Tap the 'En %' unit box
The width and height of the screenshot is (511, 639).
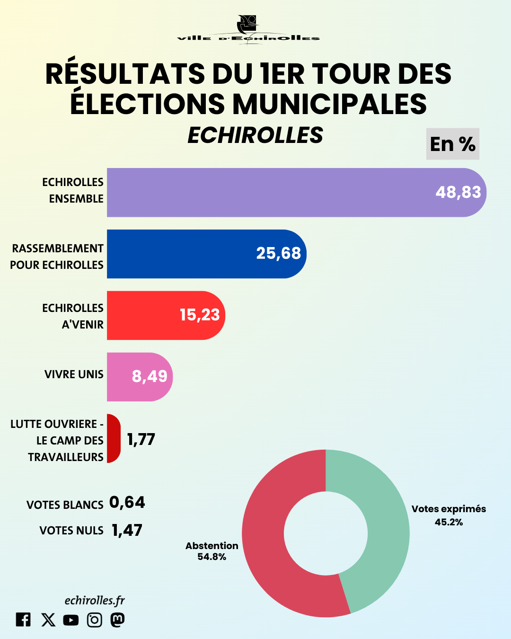click(452, 144)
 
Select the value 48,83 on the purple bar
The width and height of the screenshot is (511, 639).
click(458, 192)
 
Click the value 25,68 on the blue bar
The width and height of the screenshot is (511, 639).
click(278, 253)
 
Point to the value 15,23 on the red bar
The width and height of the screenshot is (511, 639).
click(200, 315)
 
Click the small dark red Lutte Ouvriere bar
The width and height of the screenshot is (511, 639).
click(113, 438)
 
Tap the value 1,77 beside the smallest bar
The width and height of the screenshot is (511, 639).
click(141, 439)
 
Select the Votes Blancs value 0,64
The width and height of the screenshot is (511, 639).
click(127, 502)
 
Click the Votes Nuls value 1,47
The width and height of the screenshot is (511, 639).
click(127, 530)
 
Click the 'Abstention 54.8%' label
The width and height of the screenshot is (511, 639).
click(211, 551)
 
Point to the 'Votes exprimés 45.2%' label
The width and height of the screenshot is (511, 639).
click(449, 515)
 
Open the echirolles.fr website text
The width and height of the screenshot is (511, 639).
click(95, 600)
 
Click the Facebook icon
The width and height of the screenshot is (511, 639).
click(23, 620)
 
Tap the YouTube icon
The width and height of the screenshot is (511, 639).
click(71, 620)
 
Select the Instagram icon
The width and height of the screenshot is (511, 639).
click(95, 620)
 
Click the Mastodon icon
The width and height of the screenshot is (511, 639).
click(117, 620)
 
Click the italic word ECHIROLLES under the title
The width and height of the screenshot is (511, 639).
click(255, 135)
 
